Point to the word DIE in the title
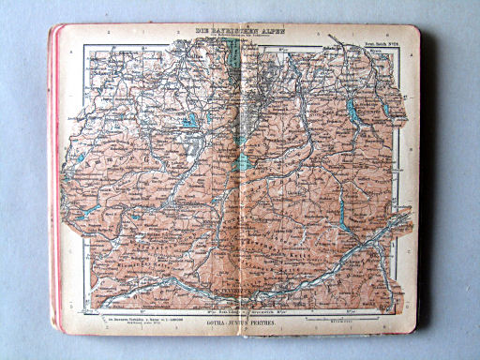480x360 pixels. tap(203, 32)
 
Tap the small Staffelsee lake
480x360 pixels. tap(191, 121)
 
